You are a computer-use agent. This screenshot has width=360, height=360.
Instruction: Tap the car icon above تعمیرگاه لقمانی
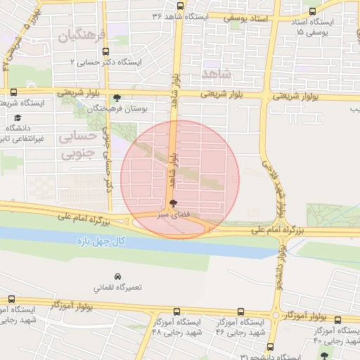coord(117,276)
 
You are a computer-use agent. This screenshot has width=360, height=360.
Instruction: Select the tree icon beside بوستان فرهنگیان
coord(117,98)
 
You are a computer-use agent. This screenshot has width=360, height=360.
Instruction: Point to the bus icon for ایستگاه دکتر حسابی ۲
coord(105,51)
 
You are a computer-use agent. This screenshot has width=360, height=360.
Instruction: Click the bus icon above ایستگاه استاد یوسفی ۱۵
coord(312,12)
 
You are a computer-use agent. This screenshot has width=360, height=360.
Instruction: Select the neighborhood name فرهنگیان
coord(82,35)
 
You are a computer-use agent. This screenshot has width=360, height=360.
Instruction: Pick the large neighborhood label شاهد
coord(215,72)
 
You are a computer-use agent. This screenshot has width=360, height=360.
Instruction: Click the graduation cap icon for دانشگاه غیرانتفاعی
coord(18,117)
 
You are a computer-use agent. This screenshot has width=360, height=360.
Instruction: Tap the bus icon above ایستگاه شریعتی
coord(13,92)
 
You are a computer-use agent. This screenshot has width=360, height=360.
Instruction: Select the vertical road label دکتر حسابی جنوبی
coord(108,161)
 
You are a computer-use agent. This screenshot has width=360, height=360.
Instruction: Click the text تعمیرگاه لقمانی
coord(118,288)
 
